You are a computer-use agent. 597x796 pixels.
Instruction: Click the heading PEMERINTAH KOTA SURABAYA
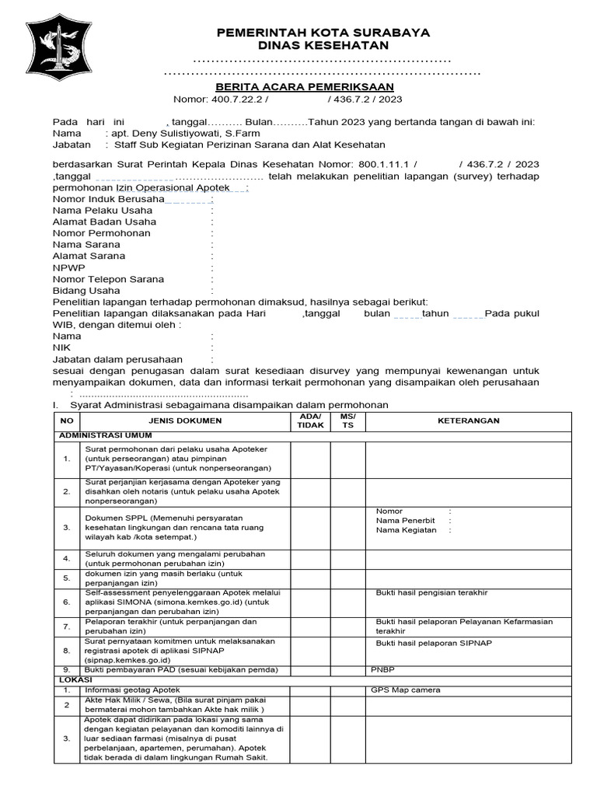[x=323, y=32]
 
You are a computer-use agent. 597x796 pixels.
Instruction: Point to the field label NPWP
[x=69, y=267]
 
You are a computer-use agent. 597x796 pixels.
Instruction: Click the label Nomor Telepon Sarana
[x=108, y=279]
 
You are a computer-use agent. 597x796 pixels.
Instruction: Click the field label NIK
[x=61, y=347]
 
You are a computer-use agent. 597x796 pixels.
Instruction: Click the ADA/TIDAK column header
[x=310, y=421]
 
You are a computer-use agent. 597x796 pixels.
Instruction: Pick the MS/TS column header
[x=347, y=421]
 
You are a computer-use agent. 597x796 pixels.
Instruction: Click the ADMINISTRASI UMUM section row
[x=106, y=435]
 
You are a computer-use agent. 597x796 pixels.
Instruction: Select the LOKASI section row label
[x=75, y=679]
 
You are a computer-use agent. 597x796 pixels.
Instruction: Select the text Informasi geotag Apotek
[x=132, y=690]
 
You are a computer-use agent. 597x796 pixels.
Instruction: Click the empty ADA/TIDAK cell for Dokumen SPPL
[x=310, y=528]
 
